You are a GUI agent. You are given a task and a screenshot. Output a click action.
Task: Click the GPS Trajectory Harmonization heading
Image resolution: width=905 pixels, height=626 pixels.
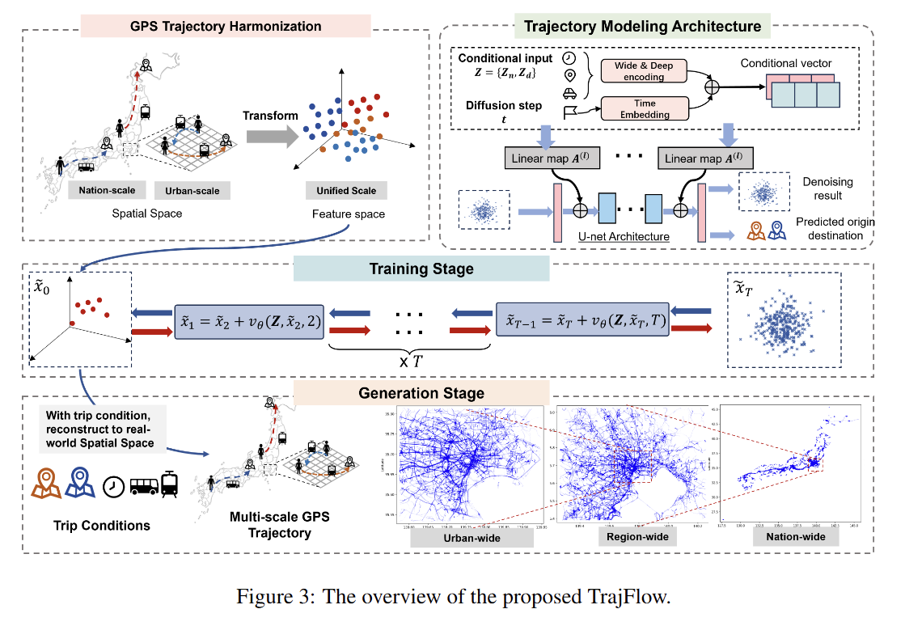click(226, 26)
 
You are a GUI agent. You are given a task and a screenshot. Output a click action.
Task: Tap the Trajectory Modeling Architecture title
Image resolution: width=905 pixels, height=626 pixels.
click(642, 26)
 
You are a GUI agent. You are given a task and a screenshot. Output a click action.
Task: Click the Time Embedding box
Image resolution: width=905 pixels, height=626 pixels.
click(644, 109)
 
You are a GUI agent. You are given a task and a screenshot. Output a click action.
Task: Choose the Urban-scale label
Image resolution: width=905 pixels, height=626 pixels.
click(192, 191)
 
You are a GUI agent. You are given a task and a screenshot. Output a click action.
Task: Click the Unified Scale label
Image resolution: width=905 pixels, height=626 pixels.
click(346, 191)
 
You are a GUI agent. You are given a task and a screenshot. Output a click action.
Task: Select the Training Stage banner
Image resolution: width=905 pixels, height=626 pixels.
click(421, 269)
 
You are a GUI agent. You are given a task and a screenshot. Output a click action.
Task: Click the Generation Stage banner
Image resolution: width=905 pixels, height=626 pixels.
click(421, 394)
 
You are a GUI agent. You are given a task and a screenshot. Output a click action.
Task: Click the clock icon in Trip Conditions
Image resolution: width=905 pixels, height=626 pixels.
click(113, 485)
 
